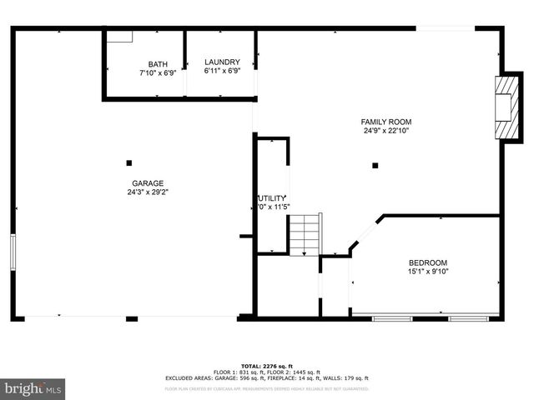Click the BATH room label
[158, 64]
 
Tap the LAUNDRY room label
[222, 62]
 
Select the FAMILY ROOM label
[386, 122]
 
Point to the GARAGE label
[148, 183]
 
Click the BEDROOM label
[427, 262]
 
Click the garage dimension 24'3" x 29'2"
[148, 192]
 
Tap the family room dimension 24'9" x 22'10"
[386, 130]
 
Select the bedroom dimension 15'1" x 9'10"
[427, 271]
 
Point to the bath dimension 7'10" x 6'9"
[158, 72]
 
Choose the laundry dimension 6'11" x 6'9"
[222, 71]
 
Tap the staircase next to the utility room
[305, 235]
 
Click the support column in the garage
[128, 162]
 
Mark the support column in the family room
[376, 163]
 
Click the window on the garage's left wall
[13, 252]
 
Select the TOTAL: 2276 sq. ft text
[267, 366]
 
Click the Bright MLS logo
[33, 388]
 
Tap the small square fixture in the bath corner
[122, 36]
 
